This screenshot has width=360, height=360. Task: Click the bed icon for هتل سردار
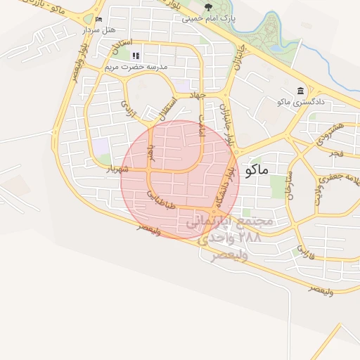[x=99, y=18]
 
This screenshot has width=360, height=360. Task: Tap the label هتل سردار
[x=98, y=30]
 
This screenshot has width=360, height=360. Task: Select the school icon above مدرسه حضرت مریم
[x=136, y=55]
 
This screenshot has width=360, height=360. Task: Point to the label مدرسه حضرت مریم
[x=136, y=67]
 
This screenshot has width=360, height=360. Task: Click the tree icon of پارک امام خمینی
[x=207, y=8]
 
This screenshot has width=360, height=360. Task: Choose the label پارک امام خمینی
[x=208, y=18]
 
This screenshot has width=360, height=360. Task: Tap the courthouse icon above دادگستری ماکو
[x=301, y=91]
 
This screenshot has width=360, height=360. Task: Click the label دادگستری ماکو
[x=300, y=103]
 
